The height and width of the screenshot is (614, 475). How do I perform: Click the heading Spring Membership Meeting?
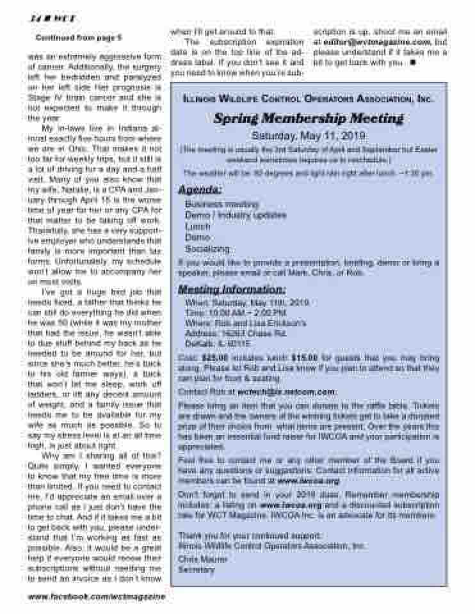pos(308,118)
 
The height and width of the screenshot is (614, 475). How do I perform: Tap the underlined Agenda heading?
pos(200,190)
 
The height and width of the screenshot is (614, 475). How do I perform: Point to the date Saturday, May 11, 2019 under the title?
pos(308,136)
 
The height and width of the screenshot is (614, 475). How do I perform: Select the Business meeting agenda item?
pos(213,204)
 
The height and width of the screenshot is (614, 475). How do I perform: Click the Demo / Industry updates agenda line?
pos(235,215)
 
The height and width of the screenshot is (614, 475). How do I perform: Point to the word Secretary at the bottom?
pos(197,569)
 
